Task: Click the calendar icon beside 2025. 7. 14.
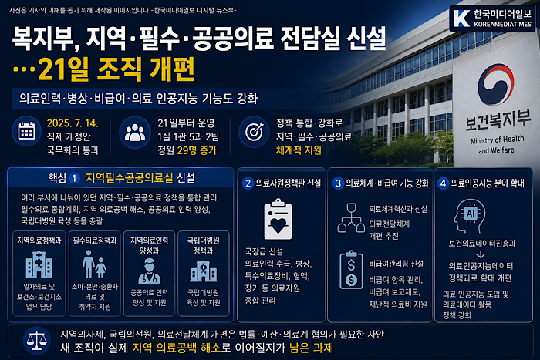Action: (26, 132)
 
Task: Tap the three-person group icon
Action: (135, 132)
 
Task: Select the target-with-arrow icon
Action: (254, 132)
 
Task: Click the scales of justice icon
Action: (36, 341)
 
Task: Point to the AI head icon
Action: (469, 216)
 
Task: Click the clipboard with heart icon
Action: (278, 219)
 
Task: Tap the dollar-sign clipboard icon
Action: (351, 270)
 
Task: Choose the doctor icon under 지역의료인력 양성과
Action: (149, 271)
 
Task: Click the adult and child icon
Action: (94, 264)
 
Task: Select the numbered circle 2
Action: (248, 183)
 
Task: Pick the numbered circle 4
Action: (443, 183)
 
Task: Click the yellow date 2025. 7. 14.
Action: (73, 123)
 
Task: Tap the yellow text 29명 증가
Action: (197, 150)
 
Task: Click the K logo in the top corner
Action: (461, 19)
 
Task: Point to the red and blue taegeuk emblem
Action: (495, 84)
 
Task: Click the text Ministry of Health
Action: (498, 140)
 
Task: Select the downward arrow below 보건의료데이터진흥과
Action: (481, 254)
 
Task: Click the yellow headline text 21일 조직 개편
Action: (116, 69)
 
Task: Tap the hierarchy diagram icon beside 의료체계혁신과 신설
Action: (351, 217)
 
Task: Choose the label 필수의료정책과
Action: (95, 241)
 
